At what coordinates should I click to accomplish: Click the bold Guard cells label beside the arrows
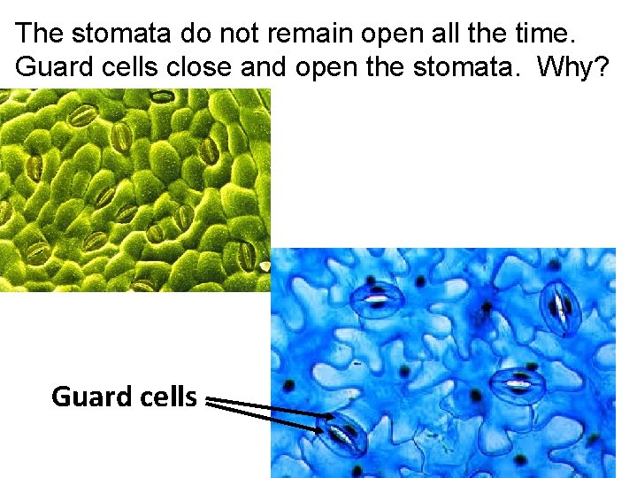point(124,397)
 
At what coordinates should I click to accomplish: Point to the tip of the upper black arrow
point(334,415)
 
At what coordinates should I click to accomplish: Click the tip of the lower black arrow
point(326,430)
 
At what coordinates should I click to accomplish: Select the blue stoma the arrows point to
point(346,435)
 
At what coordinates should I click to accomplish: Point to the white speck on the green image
point(264,264)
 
